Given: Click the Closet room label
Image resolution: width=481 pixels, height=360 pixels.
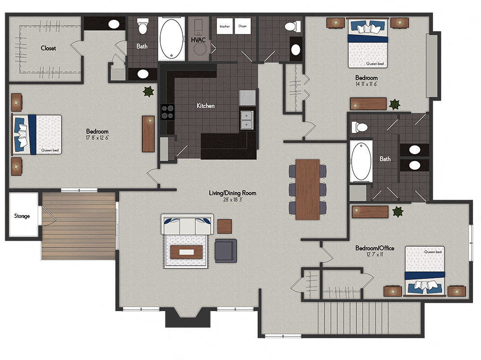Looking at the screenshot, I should point(48,48).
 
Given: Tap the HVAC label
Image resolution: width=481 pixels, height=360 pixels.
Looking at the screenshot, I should point(198,40).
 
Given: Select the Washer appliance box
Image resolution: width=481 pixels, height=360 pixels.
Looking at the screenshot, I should point(225,26).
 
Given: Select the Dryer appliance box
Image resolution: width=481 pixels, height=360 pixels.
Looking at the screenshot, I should point(242,26).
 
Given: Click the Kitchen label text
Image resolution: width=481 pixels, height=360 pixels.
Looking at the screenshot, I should point(205,105).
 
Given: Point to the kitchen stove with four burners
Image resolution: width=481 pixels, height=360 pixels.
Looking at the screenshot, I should point(167,112).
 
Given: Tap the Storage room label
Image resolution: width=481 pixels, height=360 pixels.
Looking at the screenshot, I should point(21,216).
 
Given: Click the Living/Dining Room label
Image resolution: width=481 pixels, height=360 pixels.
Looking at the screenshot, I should point(232,193).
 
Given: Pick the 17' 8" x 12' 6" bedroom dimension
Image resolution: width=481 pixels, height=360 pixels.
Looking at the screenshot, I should point(97,138).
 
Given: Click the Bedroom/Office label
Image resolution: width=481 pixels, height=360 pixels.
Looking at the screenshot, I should point(375,248).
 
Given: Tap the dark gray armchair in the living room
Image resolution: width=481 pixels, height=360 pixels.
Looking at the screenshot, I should point(226,251).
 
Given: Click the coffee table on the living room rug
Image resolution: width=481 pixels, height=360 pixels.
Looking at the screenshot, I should point(186,252).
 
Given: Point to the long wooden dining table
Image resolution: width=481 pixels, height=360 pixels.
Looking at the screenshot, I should point(308,189).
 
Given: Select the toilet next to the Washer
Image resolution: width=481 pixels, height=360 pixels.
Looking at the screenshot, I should point(292,26).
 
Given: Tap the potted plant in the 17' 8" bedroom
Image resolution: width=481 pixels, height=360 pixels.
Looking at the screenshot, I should point(148,91).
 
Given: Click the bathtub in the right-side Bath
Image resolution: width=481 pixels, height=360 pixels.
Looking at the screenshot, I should point(361,162).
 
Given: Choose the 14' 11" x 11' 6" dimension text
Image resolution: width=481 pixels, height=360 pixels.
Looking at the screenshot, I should point(366,84).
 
